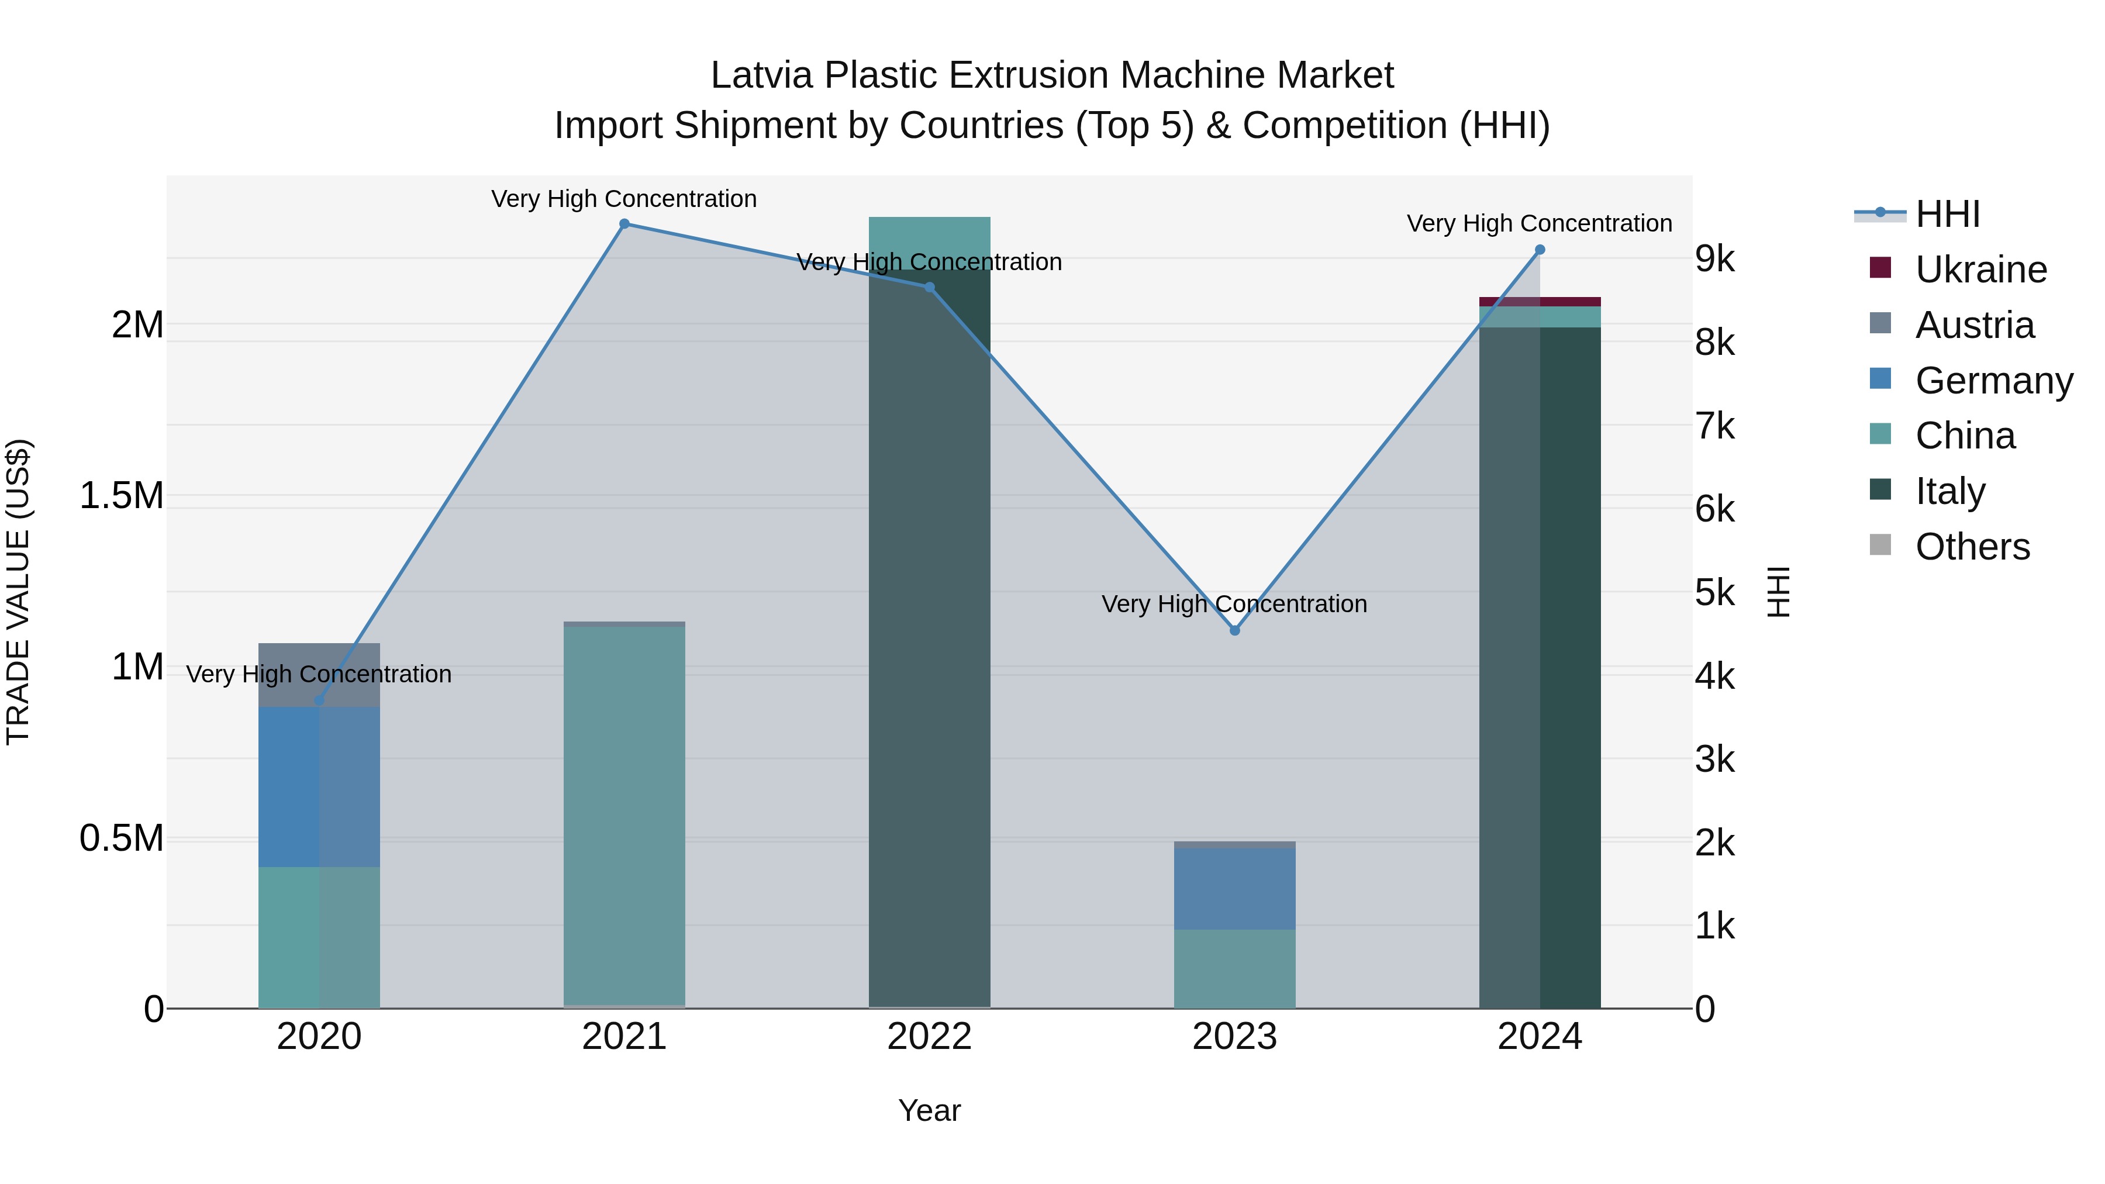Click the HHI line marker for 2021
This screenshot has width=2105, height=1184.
624,224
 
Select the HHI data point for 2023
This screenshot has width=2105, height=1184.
1235,630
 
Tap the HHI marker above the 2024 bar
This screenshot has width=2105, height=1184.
1540,250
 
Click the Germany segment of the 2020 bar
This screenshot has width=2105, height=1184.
319,786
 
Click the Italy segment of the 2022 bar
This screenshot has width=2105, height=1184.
929,637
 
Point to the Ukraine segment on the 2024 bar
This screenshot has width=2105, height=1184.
1540,302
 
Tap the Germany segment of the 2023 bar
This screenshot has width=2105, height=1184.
1235,888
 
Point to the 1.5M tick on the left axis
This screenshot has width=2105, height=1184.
121,496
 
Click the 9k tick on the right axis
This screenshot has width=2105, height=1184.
1714,258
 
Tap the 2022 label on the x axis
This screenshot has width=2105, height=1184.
929,1037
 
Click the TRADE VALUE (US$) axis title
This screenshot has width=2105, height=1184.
18,592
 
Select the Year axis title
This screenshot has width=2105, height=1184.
929,1110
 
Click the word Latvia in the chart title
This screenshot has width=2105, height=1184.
761,75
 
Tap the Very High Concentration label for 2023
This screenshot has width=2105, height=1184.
1234,604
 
